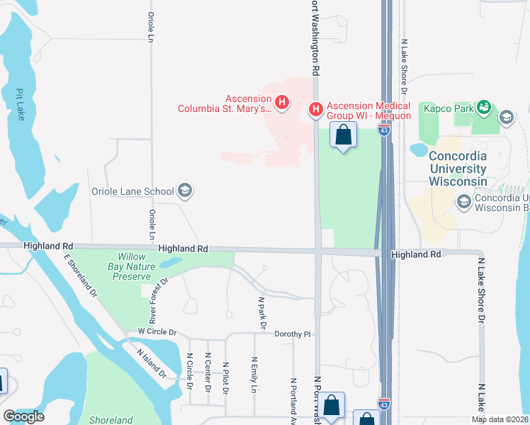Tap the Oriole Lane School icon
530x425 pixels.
click(x=185, y=190)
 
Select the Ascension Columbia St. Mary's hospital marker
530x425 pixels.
click(x=282, y=103)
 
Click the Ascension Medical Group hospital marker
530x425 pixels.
click(x=315, y=110)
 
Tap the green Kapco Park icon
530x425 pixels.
click(x=485, y=108)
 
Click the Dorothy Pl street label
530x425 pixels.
click(x=293, y=334)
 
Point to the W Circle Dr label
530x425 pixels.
click(x=156, y=332)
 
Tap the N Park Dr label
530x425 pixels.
click(x=261, y=312)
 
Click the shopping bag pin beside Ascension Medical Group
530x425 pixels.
click(x=344, y=135)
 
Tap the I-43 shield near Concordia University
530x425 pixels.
click(x=384, y=131)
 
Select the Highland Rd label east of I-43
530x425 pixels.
click(x=416, y=254)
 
